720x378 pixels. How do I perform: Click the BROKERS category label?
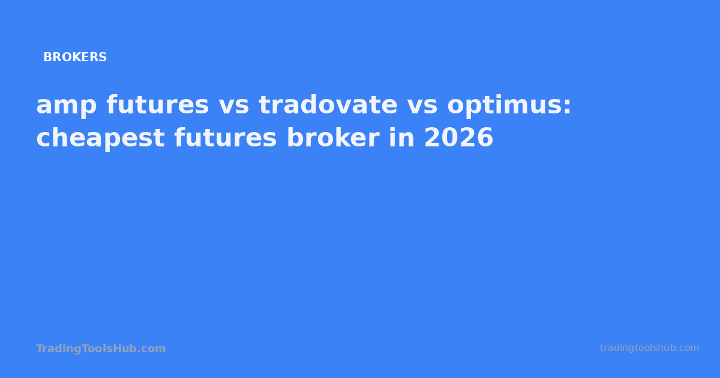(75, 58)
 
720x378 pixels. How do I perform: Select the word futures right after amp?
(158, 106)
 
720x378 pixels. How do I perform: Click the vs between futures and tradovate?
(233, 106)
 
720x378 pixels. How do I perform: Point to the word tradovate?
(328, 106)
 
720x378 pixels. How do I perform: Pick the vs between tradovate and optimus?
(422, 106)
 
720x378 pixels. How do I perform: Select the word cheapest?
(100, 139)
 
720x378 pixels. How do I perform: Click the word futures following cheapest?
(226, 139)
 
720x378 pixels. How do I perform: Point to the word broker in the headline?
(332, 139)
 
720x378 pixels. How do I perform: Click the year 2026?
(458, 139)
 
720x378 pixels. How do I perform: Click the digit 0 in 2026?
(450, 139)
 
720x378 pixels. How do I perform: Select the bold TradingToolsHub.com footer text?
(101, 349)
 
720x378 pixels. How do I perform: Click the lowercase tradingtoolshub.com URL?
(649, 348)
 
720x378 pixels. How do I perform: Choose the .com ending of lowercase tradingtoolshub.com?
(689, 348)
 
